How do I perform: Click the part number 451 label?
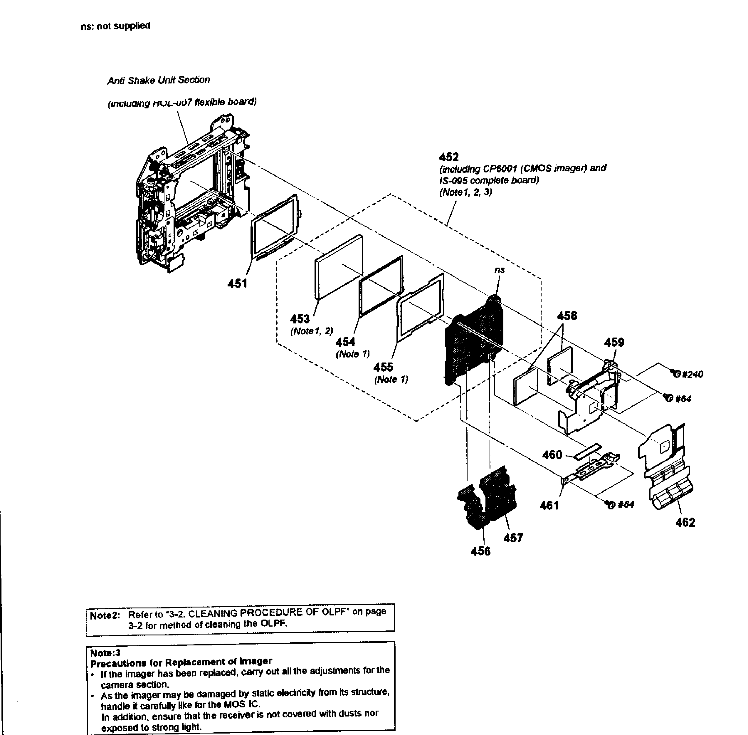pyautogui.click(x=237, y=284)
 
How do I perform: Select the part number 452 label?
pyautogui.click(x=449, y=157)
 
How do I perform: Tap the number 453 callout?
pyautogui.click(x=300, y=319)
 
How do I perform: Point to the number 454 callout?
pyautogui.click(x=345, y=342)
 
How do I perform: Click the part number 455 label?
pyautogui.click(x=383, y=367)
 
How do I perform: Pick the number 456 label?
pyautogui.click(x=480, y=551)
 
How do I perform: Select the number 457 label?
pyautogui.click(x=513, y=538)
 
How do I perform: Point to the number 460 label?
pyautogui.click(x=552, y=455)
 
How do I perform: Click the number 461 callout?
pyautogui.click(x=549, y=505)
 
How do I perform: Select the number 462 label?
pyautogui.click(x=685, y=522)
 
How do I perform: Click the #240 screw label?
pyautogui.click(x=692, y=374)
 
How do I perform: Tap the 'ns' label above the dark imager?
pyautogui.click(x=500, y=270)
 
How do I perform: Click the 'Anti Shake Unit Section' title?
pyautogui.click(x=159, y=80)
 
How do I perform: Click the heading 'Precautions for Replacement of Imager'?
pyautogui.click(x=181, y=662)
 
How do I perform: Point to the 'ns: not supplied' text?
pyautogui.click(x=115, y=26)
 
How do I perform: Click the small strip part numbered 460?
pyautogui.click(x=587, y=451)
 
